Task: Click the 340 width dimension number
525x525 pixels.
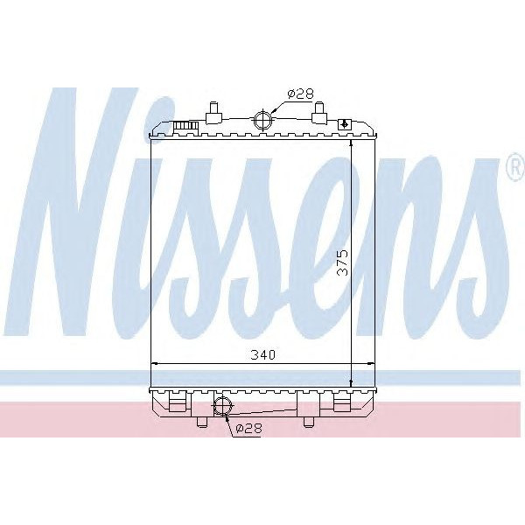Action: click(263, 355)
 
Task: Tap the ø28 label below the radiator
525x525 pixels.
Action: click(249, 428)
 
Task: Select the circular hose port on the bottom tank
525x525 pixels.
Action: click(222, 405)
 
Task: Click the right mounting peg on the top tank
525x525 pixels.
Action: click(318, 112)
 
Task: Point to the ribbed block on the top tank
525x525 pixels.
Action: click(185, 127)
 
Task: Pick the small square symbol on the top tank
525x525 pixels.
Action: click(344, 124)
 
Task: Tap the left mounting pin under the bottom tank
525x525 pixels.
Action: click(202, 422)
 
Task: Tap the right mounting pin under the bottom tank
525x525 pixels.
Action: click(308, 422)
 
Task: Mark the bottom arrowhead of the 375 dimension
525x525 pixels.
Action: click(351, 381)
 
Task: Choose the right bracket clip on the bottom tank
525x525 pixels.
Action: click(342, 402)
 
